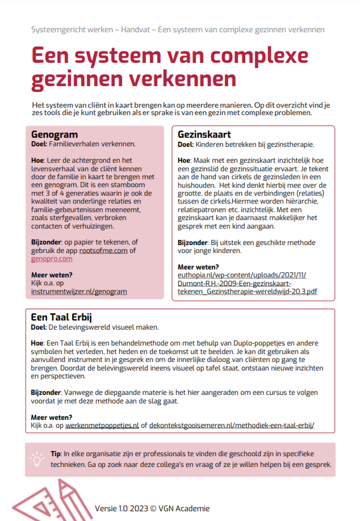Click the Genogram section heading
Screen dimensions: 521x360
pos(54,135)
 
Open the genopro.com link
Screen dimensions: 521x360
pos(52,259)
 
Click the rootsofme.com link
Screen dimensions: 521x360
pos(103,251)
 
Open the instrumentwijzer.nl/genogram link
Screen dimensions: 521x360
pos(79,291)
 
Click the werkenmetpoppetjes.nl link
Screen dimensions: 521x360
pos(102,425)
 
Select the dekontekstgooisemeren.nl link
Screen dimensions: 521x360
pos(231,425)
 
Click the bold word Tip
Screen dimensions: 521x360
pos(55,453)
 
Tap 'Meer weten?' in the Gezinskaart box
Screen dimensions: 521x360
pos(198,267)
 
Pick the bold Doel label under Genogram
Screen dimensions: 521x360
pos(39,144)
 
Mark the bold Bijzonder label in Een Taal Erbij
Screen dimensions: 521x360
pos(46,392)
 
